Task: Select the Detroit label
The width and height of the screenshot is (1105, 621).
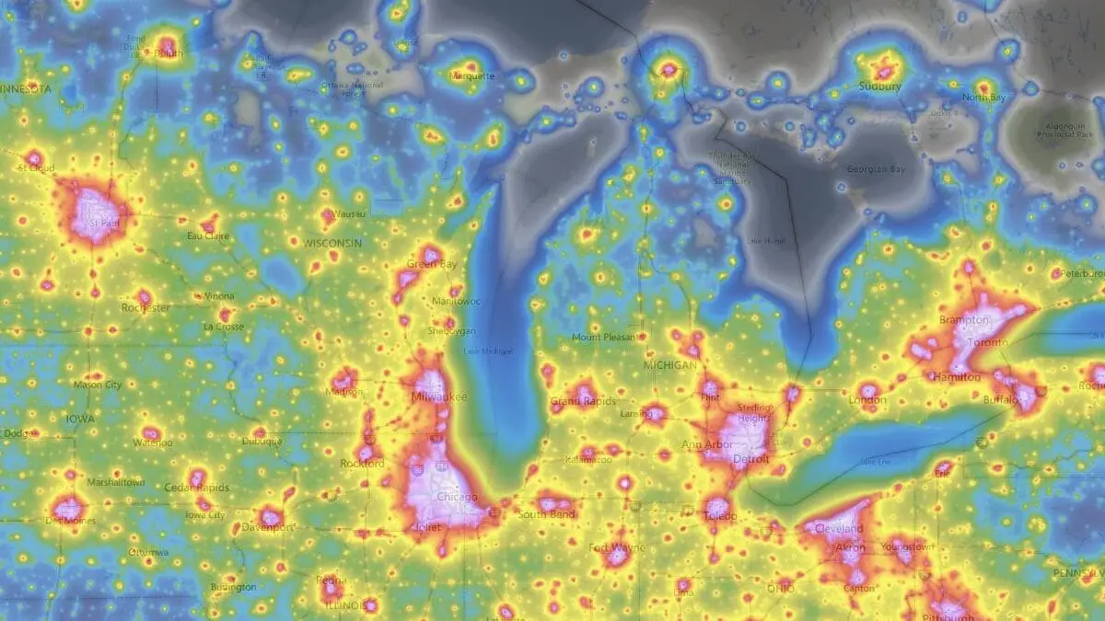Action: click(x=750, y=458)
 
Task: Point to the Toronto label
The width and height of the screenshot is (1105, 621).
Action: click(x=990, y=342)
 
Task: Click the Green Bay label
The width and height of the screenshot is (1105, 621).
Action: click(x=432, y=265)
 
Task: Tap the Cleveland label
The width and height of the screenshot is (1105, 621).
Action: click(x=839, y=529)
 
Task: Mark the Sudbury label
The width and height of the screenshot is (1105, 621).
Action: click(x=879, y=86)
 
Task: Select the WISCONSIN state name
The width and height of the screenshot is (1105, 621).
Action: click(x=332, y=243)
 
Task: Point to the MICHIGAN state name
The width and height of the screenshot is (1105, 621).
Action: click(x=670, y=365)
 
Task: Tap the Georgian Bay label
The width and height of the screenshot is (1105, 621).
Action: click(x=876, y=169)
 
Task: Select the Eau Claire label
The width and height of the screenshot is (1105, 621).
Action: click(x=207, y=236)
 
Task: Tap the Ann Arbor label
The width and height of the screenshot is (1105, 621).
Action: click(x=707, y=445)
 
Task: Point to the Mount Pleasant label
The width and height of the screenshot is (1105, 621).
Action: click(x=603, y=338)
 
